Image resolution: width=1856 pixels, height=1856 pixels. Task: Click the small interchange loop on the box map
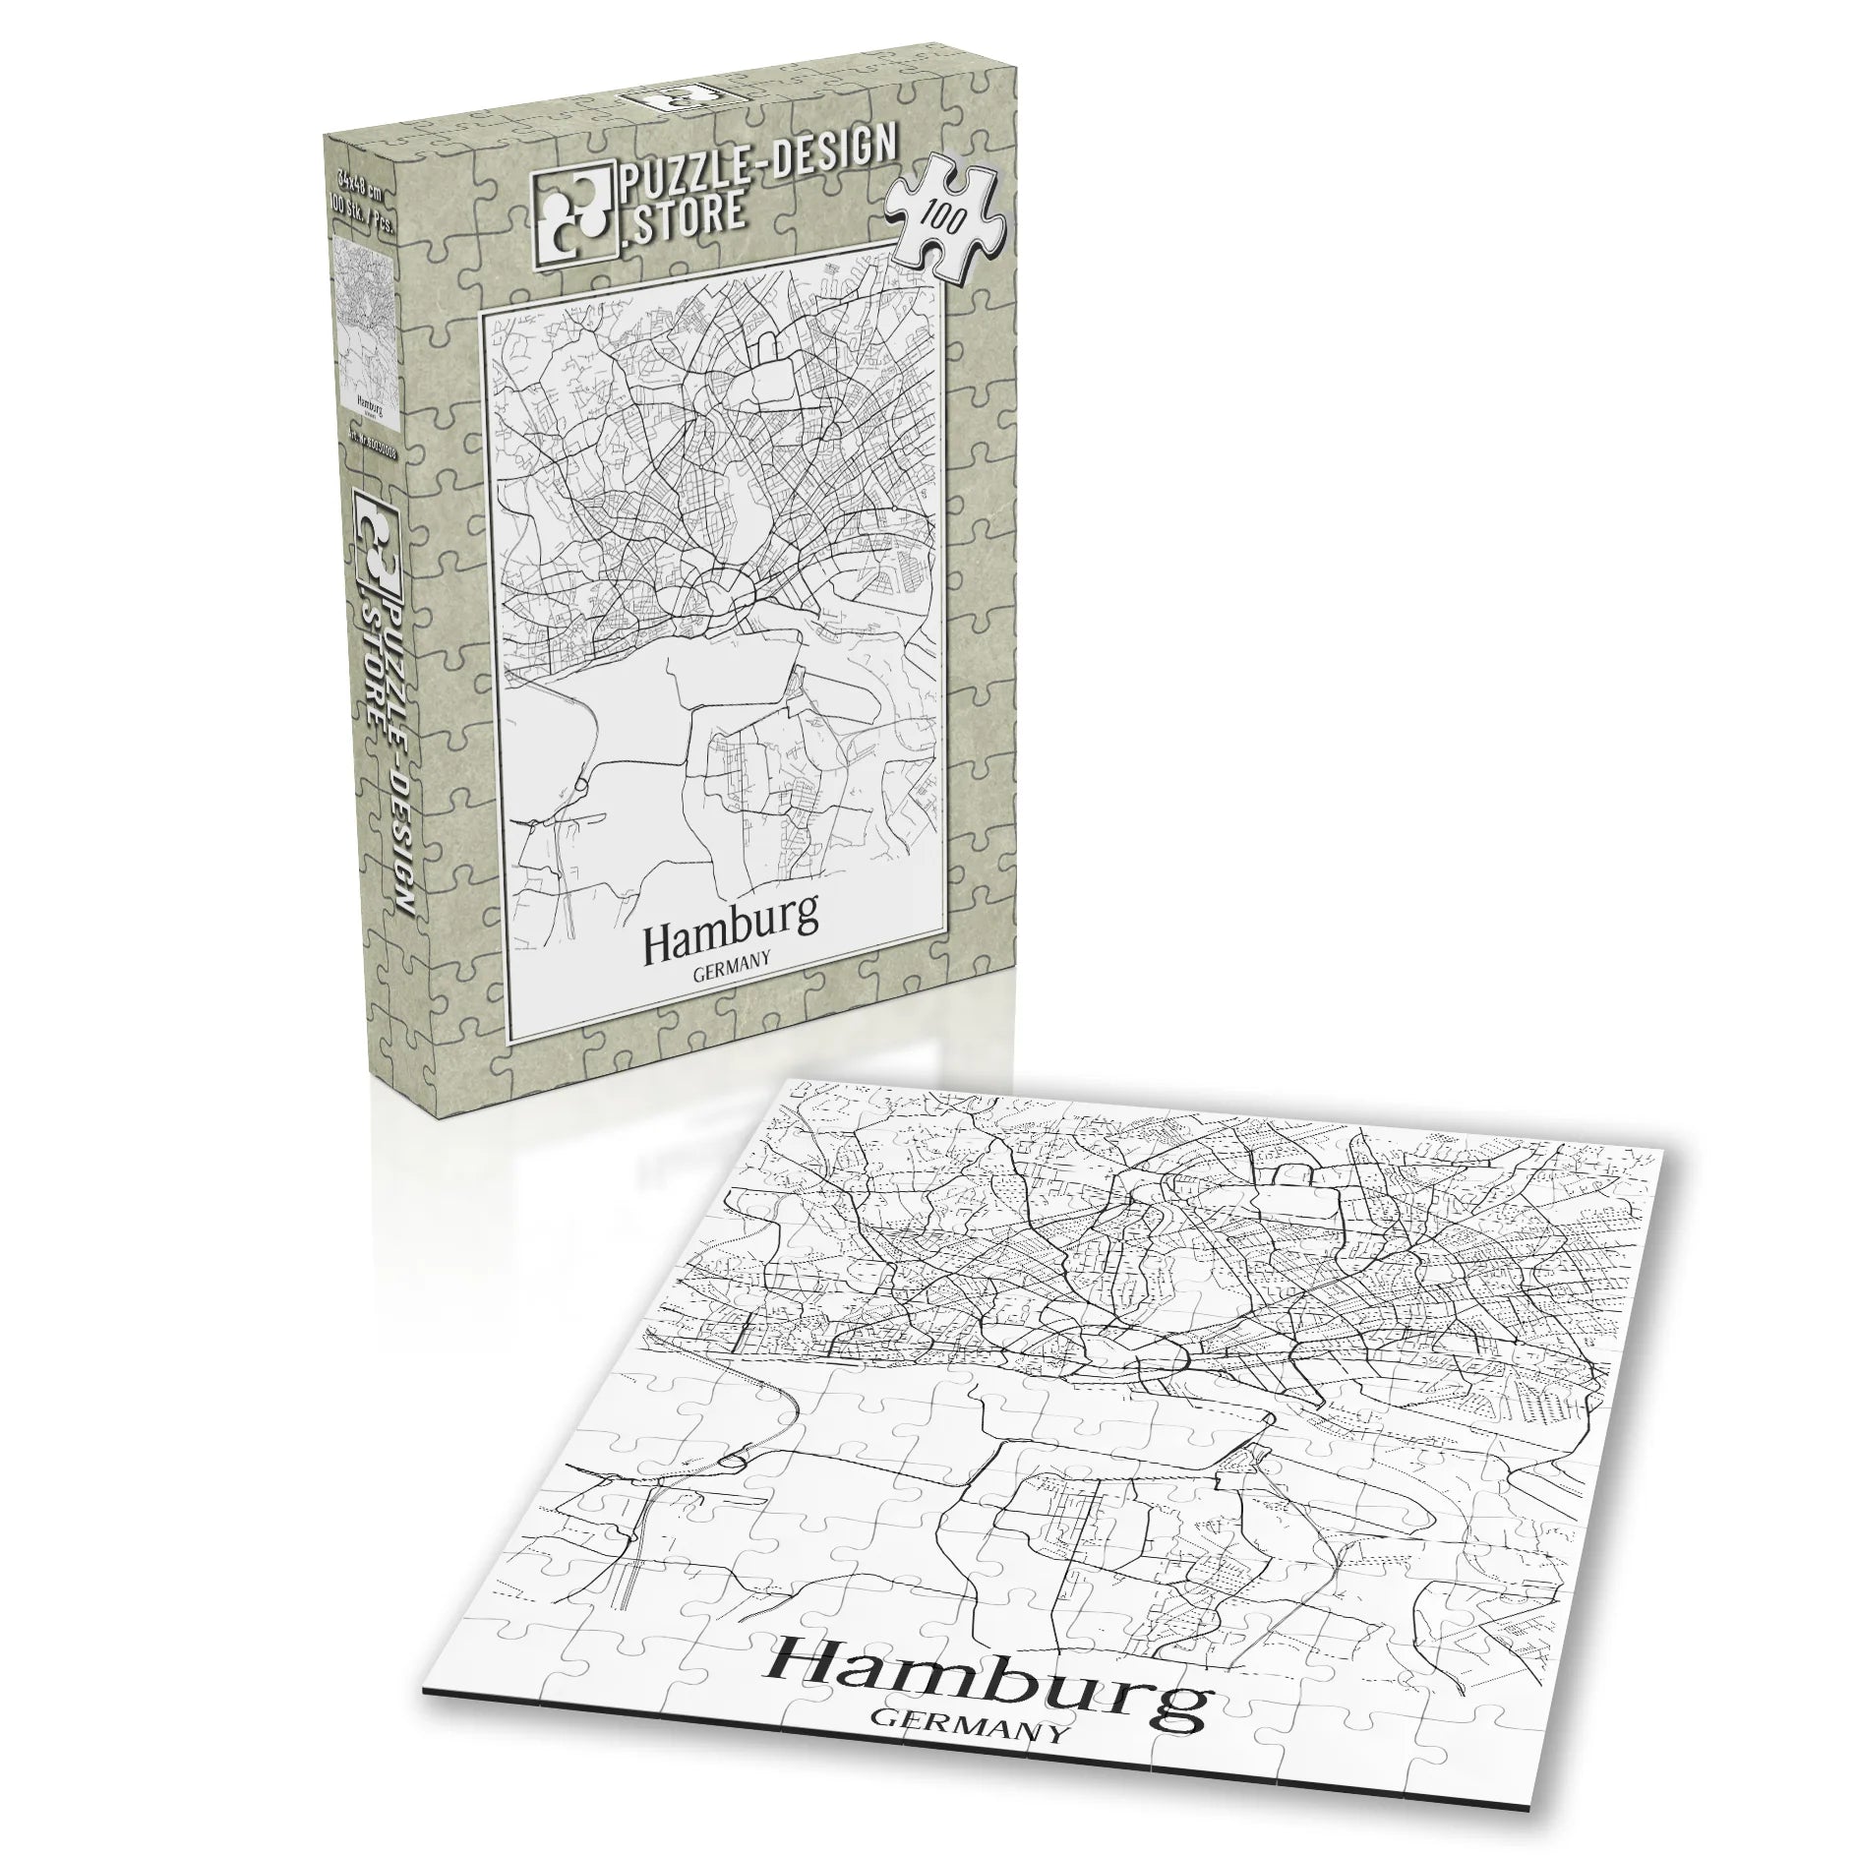580,784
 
